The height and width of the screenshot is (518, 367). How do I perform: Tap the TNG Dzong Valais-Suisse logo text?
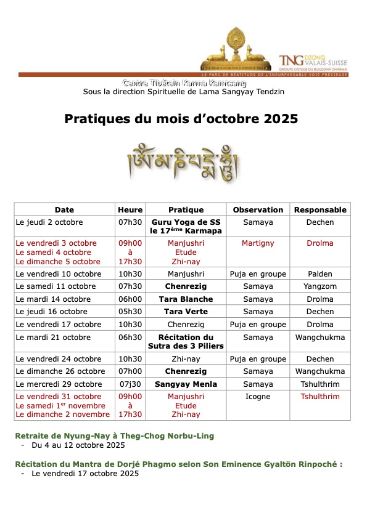313,60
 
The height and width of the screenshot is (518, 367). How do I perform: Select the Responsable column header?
320,209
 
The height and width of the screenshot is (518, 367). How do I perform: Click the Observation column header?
258,209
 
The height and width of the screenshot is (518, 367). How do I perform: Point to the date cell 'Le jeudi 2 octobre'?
49,222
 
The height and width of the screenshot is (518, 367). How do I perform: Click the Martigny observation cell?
258,243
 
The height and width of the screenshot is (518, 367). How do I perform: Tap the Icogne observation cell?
258,397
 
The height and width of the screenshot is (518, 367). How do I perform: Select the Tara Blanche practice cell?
186,299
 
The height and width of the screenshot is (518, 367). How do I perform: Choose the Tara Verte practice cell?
186,312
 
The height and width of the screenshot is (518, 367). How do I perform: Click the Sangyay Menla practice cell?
186,384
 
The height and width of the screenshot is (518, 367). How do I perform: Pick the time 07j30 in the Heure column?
130,384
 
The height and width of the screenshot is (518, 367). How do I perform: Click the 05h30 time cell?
130,312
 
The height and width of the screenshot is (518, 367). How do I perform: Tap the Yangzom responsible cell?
320,286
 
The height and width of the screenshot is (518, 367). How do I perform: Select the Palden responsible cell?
320,274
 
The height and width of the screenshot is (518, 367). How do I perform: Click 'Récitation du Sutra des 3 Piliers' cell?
186,342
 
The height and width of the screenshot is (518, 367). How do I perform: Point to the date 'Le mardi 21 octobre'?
53,338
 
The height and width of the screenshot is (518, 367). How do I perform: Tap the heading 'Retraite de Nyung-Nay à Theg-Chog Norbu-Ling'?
114,436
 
